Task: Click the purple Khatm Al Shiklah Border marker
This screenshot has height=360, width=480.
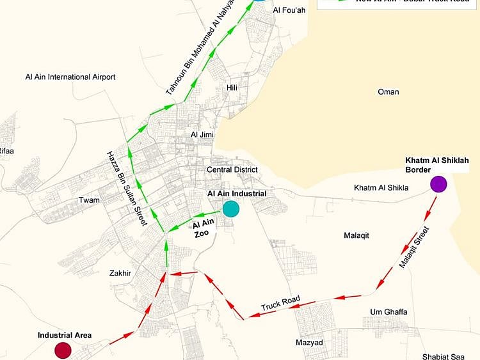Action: point(438,184)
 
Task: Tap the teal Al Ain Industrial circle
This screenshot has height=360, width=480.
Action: point(230,208)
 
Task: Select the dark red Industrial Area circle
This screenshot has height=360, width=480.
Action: point(62,350)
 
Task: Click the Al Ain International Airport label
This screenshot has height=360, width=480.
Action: point(70,77)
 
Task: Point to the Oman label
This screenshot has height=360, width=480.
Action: point(388,92)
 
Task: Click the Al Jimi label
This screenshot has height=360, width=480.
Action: point(202,134)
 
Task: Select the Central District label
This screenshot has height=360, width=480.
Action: point(232,169)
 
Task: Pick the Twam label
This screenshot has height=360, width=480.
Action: point(89,200)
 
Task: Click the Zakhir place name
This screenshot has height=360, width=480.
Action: point(120,273)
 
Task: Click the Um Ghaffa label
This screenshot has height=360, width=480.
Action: point(388,312)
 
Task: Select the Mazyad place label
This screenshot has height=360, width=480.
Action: point(309,343)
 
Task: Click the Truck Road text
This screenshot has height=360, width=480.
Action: point(280,304)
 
